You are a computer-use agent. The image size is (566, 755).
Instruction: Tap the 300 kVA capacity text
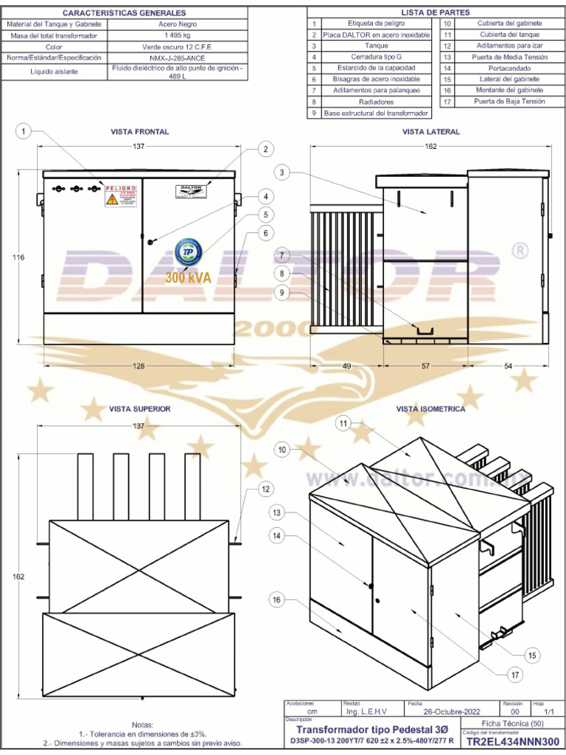pyautogui.click(x=188, y=279)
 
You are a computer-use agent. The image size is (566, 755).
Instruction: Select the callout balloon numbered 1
pyautogui.click(x=24, y=131)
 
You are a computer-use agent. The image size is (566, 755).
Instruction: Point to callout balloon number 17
pyautogui.click(x=514, y=674)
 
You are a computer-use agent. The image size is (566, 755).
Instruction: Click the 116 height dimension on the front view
pyautogui.click(x=18, y=257)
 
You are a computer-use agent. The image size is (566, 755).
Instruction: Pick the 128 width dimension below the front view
pyautogui.click(x=139, y=366)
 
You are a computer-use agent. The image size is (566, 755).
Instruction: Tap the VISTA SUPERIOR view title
pyautogui.click(x=140, y=408)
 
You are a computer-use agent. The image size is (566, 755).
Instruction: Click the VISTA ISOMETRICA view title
pyautogui.click(x=430, y=408)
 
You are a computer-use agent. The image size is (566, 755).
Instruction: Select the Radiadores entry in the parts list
pyautogui.click(x=376, y=102)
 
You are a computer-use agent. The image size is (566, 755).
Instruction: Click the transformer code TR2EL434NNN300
pyautogui.click(x=513, y=742)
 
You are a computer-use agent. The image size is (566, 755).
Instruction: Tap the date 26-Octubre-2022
pyautogui.click(x=452, y=711)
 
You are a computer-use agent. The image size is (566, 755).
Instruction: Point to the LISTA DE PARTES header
pyautogui.click(x=435, y=13)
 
